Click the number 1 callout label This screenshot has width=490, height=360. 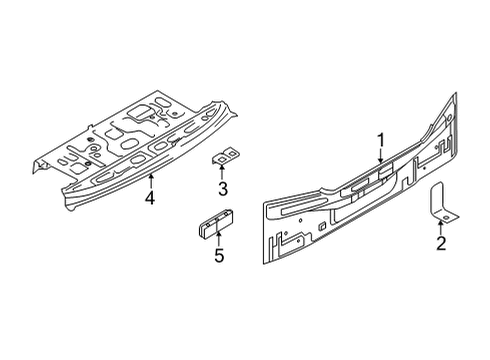[380, 140]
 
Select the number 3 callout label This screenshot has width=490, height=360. [223, 189]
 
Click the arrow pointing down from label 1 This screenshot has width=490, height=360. [380, 156]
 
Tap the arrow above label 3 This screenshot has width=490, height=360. [223, 173]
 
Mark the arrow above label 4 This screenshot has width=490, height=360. [150, 180]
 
